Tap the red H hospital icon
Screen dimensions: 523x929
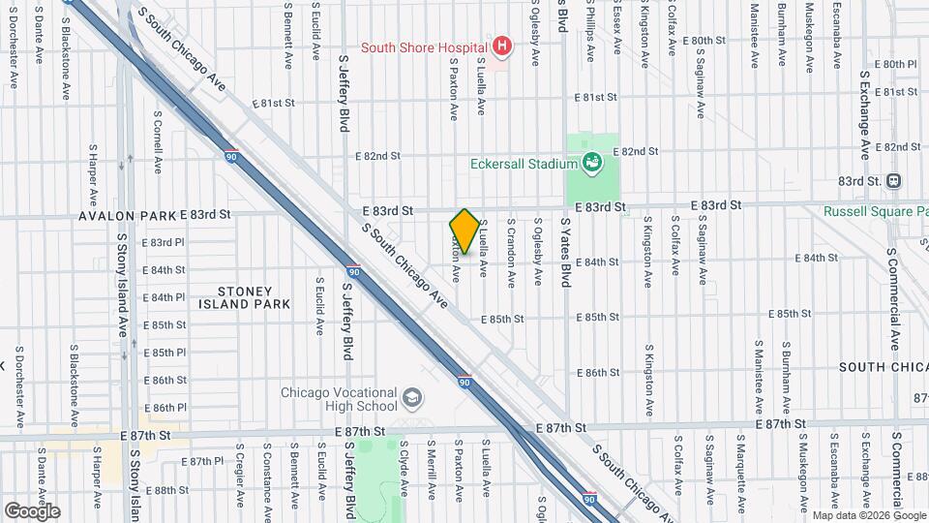(501, 46)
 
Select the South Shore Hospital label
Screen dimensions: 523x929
(424, 46)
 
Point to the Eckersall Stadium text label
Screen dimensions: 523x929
(524, 164)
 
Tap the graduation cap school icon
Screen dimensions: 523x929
(413, 397)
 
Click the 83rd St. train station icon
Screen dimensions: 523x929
(894, 180)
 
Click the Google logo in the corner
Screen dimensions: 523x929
(32, 510)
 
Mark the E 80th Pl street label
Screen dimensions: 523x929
(895, 65)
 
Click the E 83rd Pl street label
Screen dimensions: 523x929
(163, 243)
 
